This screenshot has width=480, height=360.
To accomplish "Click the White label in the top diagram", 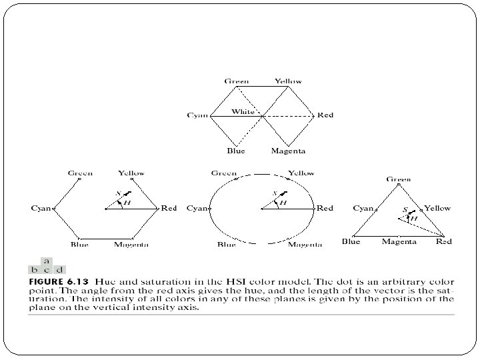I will pos(243,111).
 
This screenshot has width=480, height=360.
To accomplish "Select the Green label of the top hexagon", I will pos(237,81).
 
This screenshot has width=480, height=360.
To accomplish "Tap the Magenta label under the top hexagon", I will pos(288,151).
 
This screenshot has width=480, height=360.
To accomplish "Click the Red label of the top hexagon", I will pos(325,115).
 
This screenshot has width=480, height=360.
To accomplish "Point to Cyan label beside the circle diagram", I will pos(198,208).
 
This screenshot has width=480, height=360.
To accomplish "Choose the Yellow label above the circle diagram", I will pos(301,173).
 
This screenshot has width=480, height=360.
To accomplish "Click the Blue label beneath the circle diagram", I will pos(227,245).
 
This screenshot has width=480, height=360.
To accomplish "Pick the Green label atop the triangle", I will pos(399,179).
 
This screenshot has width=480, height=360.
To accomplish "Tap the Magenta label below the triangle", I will pos(399,241).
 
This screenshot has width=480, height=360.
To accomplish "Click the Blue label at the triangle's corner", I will pos(351,241).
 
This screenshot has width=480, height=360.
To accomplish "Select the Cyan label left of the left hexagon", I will pos(41,208).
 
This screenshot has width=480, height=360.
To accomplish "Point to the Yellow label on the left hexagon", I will pos(131,173).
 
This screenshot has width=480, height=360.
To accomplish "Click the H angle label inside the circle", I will pos(283,203).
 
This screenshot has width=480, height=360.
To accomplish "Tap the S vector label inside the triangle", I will pos(405,210).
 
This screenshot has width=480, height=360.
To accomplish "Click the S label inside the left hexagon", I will pos(118,194).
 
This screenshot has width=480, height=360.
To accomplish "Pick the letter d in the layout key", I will pos(59,269).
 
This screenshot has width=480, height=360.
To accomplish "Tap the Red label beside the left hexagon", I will pos(169,208).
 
